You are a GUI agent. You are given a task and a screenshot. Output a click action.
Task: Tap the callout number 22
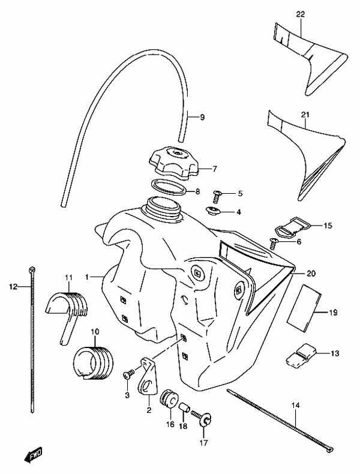pos(300,14)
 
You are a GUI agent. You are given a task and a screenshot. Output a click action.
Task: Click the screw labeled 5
pos(217,196)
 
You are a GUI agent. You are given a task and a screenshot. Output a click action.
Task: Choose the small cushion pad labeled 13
pos(301,353)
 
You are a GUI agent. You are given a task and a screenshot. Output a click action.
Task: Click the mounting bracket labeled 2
pos(148,376)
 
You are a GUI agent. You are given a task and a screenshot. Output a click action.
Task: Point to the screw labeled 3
pos(128,374)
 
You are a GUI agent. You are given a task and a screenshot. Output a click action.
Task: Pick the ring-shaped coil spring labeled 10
pos(93,362)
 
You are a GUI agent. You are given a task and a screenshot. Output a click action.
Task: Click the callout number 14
pos(296,406)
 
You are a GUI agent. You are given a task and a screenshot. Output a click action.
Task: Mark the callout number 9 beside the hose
pos(202,117)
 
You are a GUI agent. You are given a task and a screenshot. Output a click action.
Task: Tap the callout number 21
pos(305,115)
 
